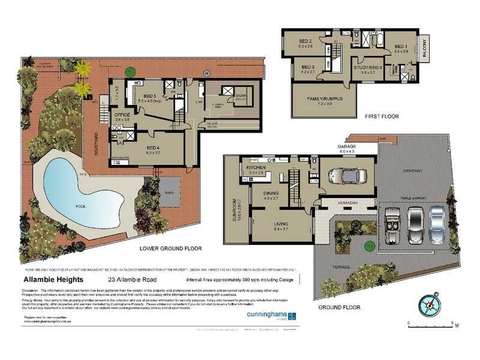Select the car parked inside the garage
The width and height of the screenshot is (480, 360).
coord(347,175)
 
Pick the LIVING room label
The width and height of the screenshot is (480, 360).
coord(280,225)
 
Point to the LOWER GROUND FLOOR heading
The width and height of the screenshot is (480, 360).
coord(170,248)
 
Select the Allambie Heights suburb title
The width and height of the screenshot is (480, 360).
coord(53,280)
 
